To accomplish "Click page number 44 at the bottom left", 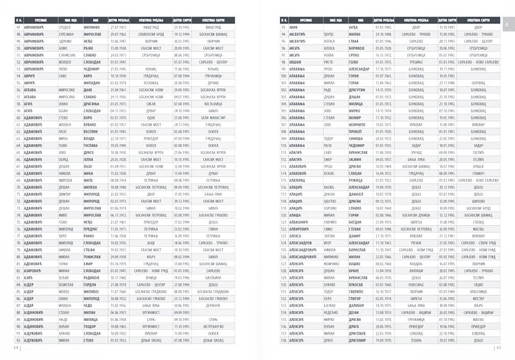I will [x=15, y=346].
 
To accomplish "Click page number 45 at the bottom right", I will [x=499, y=346].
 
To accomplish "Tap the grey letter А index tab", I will [x=507, y=25].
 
